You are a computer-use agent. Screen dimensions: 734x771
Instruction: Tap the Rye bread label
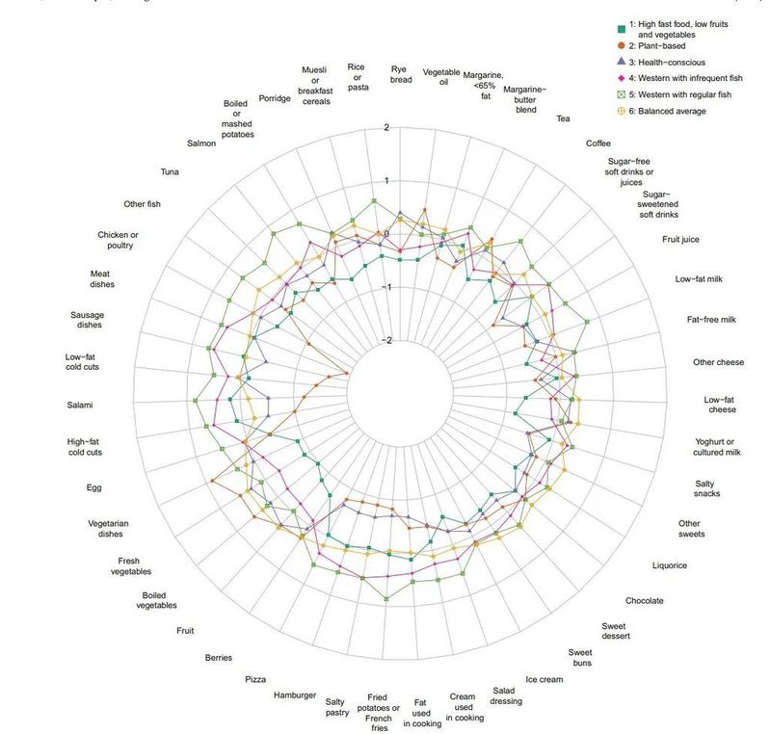pyautogui.click(x=402, y=74)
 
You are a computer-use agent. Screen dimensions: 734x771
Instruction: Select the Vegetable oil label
pyautogui.click(x=442, y=77)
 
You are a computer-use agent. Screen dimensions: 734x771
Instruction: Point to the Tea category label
pyautogui.click(x=563, y=118)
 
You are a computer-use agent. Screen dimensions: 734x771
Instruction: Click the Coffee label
pyautogui.click(x=598, y=143)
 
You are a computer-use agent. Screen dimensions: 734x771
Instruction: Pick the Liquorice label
pyautogui.click(x=670, y=565)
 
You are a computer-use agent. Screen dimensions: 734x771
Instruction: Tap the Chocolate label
pyautogui.click(x=644, y=600)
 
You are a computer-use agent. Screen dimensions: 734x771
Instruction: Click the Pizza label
pyautogui.click(x=255, y=679)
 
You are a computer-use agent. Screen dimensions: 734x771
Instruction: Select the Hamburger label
pyautogui.click(x=295, y=695)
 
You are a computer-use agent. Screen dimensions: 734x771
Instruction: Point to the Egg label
pyautogui.click(x=94, y=487)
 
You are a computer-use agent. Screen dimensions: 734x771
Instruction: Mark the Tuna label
pyautogui.click(x=171, y=172)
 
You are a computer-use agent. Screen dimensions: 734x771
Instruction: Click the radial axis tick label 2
pyautogui.click(x=386, y=127)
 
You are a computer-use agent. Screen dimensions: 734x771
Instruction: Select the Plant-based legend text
pyautogui.click(x=657, y=45)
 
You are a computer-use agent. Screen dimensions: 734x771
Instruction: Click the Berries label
pyautogui.click(x=219, y=658)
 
